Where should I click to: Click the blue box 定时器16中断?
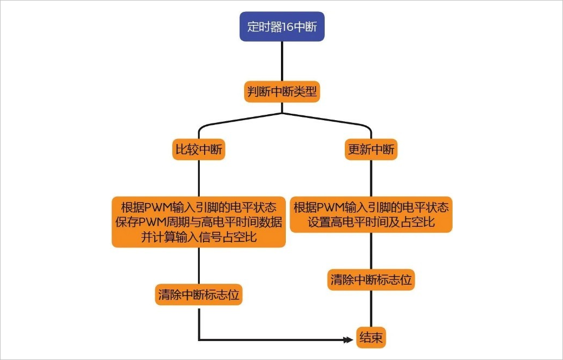coord(282,27)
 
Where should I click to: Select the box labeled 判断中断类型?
coord(282,92)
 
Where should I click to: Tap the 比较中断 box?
coord(199,150)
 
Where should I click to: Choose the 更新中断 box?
coord(371,150)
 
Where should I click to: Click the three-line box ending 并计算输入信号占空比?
coord(199,222)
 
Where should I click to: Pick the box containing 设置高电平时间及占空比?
coord(371,214)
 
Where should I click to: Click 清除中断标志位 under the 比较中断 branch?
coord(199,294)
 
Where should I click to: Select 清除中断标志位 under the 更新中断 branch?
coord(371,280)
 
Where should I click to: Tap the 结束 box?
coord(371,339)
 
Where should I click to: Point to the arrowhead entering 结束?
coord(349,340)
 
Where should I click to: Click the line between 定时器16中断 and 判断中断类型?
coord(282,62)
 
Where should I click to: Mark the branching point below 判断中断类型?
coord(282,113)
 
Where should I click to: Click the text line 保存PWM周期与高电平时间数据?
coord(199,222)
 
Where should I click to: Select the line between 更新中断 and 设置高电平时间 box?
coord(371,179)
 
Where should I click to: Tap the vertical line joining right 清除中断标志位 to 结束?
coord(371,309)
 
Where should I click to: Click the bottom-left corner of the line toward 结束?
coord(199,339)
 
